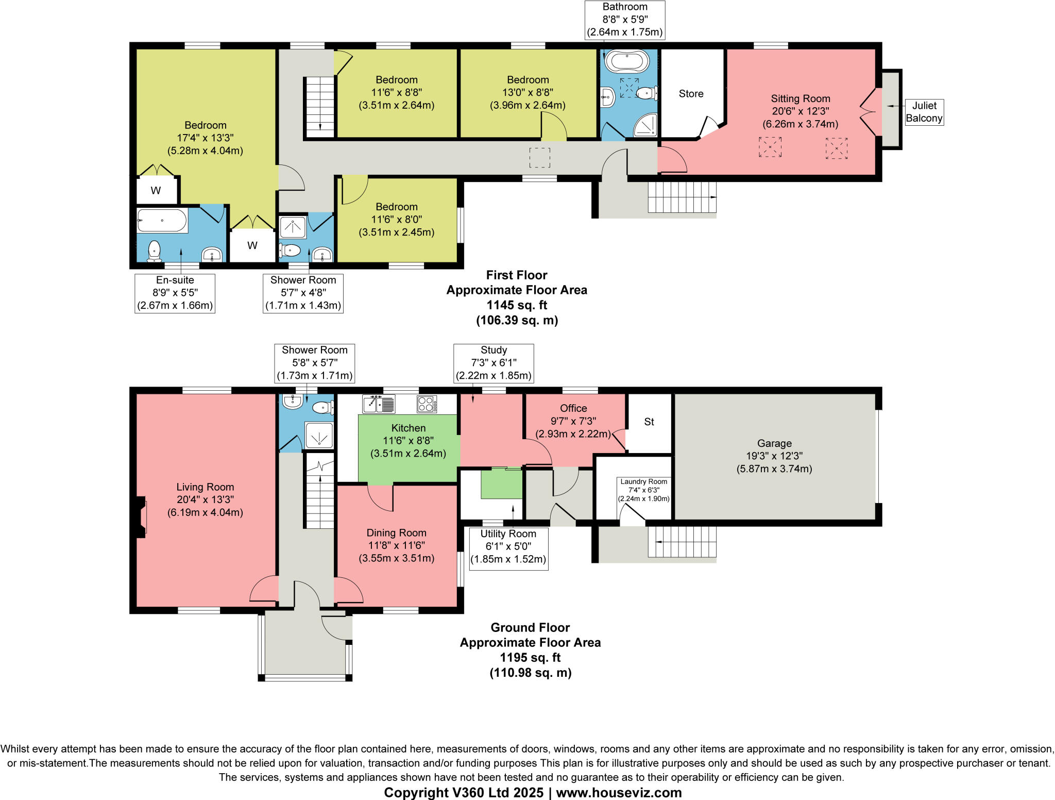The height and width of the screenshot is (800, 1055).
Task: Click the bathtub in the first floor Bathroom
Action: (x=627, y=61)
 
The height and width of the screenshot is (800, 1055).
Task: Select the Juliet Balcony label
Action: (x=924, y=112)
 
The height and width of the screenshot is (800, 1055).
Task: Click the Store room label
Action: (x=691, y=94)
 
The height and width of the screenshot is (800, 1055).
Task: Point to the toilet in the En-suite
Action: (x=154, y=251)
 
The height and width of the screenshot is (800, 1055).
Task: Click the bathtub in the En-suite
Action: (x=162, y=221)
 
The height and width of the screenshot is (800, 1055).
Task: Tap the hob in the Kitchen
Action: (x=427, y=404)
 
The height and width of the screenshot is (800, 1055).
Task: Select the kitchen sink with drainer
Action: (x=379, y=404)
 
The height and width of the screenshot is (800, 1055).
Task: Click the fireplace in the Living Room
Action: (x=141, y=517)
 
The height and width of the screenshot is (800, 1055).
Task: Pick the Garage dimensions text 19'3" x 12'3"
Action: (x=774, y=456)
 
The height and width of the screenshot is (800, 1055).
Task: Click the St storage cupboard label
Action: (x=649, y=422)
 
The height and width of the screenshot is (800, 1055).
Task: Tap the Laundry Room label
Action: (x=643, y=481)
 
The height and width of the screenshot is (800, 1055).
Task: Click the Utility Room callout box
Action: (x=508, y=547)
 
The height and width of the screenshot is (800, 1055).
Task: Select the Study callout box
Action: (x=494, y=363)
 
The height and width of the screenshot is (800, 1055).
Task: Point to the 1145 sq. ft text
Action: (x=517, y=305)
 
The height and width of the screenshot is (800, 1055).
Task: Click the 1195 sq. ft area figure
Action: (x=530, y=658)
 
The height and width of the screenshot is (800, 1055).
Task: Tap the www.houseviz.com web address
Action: (x=619, y=793)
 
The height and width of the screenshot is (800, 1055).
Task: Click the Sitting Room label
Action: (x=800, y=98)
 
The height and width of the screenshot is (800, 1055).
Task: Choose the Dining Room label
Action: (x=396, y=533)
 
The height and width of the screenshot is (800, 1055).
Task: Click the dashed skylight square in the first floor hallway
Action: (x=540, y=157)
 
